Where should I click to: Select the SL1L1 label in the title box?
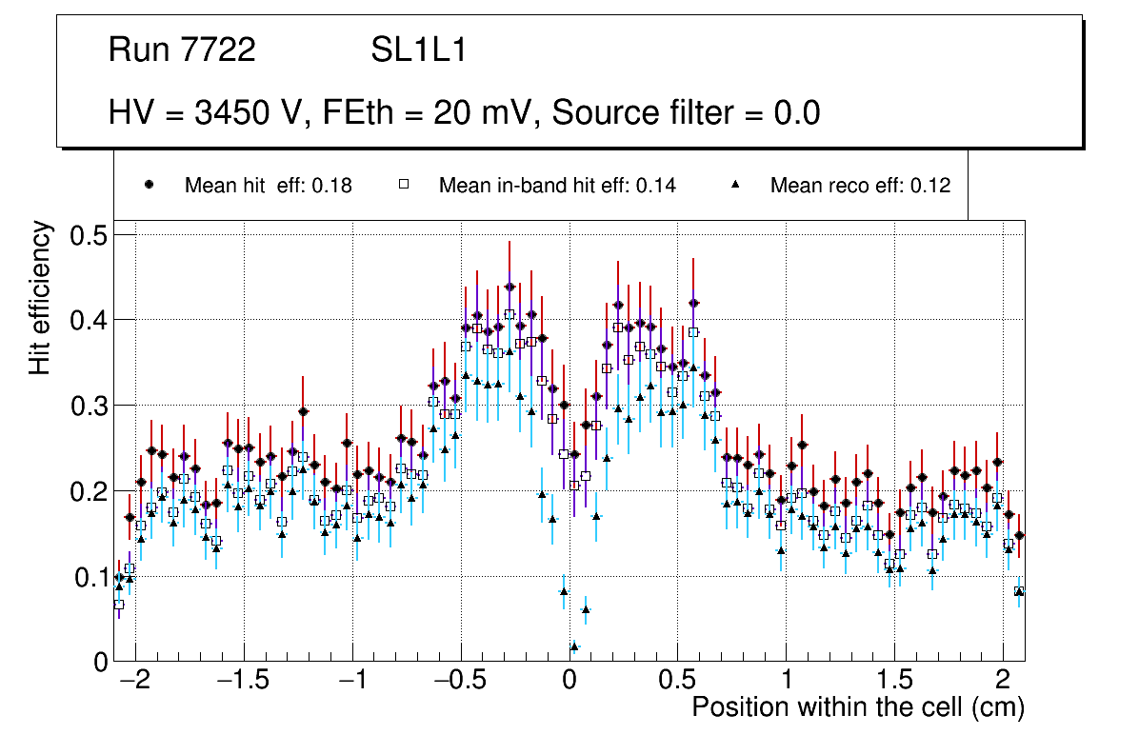point(418,50)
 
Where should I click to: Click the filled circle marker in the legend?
point(149,186)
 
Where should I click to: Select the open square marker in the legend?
point(403,186)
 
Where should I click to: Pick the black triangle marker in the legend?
point(735,186)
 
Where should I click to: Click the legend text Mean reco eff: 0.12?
point(860,186)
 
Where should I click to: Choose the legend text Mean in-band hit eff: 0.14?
point(557,186)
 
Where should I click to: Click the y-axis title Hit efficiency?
point(40,298)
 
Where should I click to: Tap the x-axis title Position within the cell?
point(857,707)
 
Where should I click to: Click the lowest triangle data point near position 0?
point(574,647)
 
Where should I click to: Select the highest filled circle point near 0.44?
point(510,287)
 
